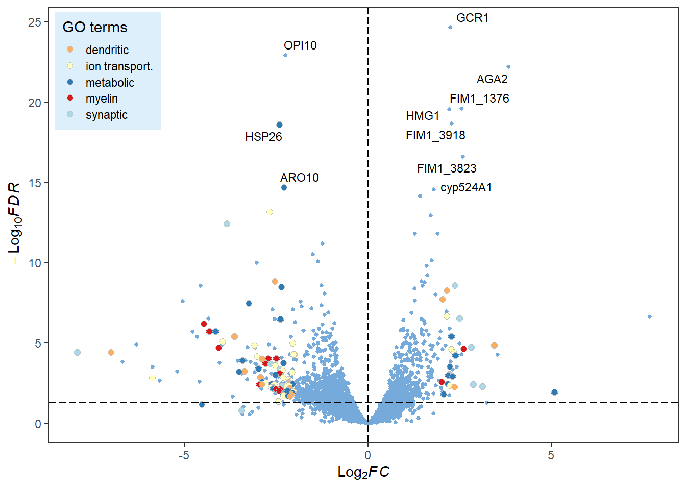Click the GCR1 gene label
[x=472, y=18]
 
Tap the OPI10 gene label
[x=300, y=45]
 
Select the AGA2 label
[x=492, y=79]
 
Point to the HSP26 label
[x=263, y=137]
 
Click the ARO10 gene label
[x=299, y=178]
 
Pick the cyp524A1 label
[x=466, y=187]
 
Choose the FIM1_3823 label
[x=447, y=168]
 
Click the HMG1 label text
[x=423, y=116]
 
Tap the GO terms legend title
[x=95, y=27]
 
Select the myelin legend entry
[x=102, y=99]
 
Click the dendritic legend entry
[x=107, y=50]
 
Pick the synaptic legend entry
[x=106, y=115]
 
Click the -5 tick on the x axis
[x=184, y=455]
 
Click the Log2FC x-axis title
[x=363, y=472]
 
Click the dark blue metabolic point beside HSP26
[x=279, y=125]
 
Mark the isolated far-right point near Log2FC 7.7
[x=650, y=317]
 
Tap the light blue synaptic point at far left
[x=77, y=353]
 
